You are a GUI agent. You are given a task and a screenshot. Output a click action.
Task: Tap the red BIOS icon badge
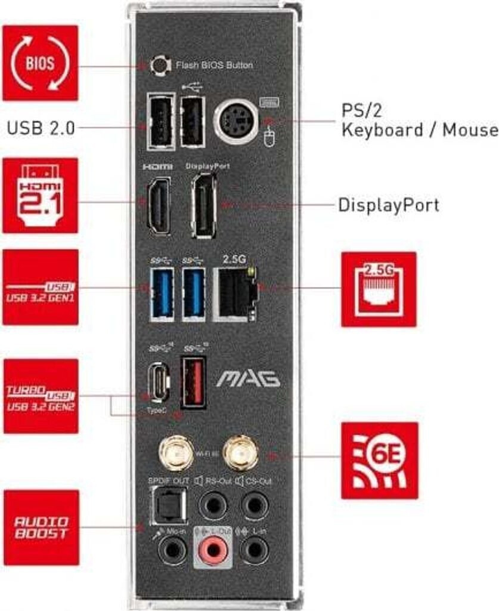click(40, 63)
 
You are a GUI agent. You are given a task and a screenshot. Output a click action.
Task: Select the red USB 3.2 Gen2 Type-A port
click(193, 382)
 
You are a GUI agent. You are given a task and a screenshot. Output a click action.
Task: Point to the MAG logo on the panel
click(247, 379)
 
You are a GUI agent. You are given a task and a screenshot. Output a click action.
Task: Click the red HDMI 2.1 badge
click(40, 195)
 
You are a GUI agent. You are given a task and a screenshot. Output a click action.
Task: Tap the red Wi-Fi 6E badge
click(379, 460)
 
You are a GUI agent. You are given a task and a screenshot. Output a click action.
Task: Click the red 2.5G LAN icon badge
click(379, 289)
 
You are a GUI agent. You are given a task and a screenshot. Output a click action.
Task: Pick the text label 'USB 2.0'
click(41, 128)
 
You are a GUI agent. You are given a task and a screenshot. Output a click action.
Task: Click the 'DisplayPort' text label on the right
click(388, 205)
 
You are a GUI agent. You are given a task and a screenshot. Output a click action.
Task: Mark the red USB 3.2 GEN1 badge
click(41, 287)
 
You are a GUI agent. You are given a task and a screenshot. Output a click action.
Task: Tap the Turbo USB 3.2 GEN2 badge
click(41, 396)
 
